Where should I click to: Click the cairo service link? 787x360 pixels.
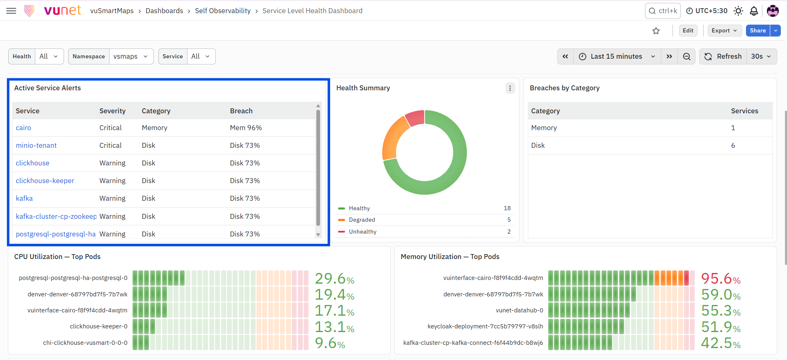(x=23, y=128)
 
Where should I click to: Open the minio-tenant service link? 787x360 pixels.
(x=36, y=145)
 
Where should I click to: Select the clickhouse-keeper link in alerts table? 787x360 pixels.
(x=45, y=181)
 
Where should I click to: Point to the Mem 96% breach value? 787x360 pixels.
(x=246, y=128)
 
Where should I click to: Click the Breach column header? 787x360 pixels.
(x=241, y=111)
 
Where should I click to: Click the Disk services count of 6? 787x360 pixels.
(x=733, y=145)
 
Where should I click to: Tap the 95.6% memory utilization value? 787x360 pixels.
(x=721, y=278)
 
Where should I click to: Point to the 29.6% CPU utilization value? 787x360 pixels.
(x=334, y=278)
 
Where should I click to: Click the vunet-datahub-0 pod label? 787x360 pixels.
(x=519, y=310)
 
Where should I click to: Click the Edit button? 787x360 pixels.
(x=688, y=31)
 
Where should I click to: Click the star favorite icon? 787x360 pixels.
(x=656, y=31)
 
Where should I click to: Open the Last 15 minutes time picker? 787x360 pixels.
(x=617, y=56)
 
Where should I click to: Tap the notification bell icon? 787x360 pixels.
(x=754, y=11)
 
